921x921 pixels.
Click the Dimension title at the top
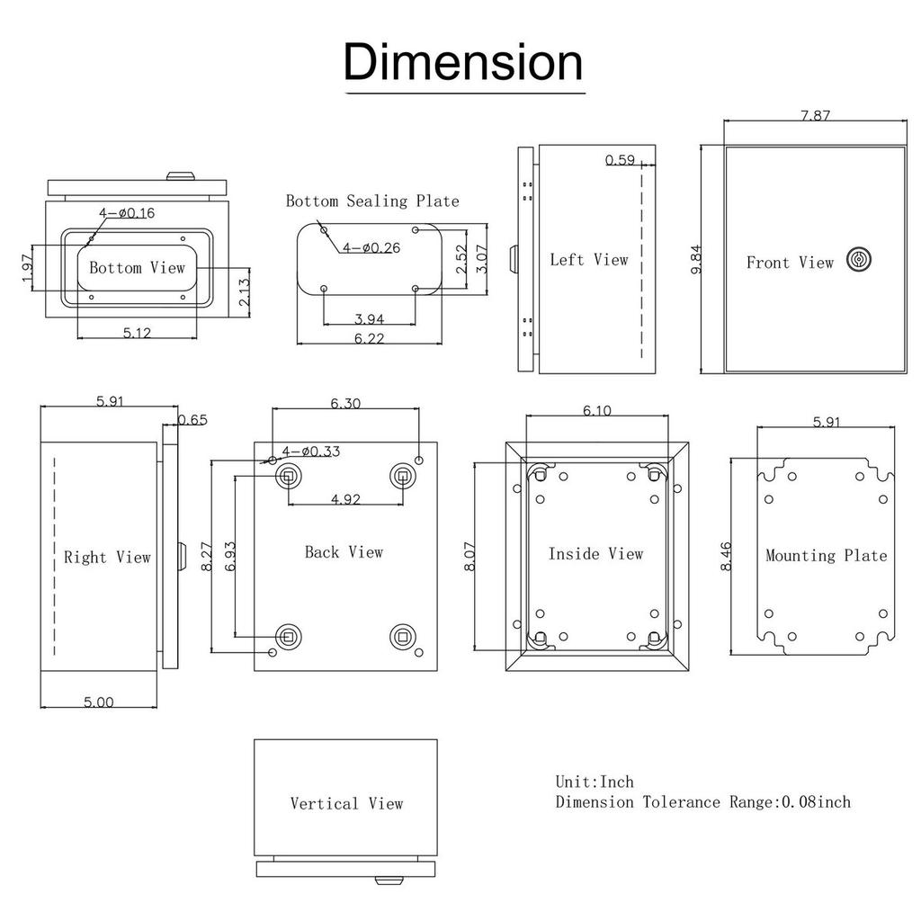coord(463,62)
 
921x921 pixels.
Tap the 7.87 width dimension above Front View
coord(815,115)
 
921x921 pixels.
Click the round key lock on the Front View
coord(859,259)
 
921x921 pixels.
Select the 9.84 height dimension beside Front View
coord(697,259)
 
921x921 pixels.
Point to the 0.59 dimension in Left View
coord(620,160)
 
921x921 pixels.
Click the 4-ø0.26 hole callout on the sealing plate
coord(371,248)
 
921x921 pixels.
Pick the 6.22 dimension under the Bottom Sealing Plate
coord(369,338)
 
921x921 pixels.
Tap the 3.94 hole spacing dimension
coord(369,319)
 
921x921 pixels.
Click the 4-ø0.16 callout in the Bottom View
coord(127,212)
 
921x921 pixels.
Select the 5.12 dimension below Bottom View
coord(137,333)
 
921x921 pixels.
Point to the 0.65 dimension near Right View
coord(192,419)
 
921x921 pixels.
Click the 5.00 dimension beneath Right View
coord(98,702)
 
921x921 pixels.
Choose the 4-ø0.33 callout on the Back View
coord(310,452)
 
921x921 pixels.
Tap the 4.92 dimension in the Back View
coord(345,499)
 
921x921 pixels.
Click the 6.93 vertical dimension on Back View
coord(230,556)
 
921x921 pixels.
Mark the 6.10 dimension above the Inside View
coord(597,410)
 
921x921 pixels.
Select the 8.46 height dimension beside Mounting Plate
coord(726,556)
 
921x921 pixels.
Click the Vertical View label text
coord(346,803)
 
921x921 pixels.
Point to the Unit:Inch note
coord(595,782)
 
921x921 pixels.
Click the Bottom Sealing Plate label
coord(372,201)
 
